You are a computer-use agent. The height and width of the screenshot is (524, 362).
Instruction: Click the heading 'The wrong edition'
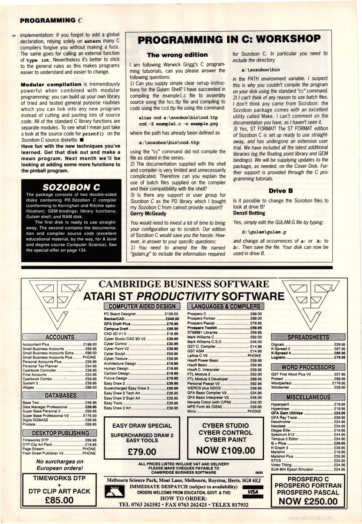tap(177, 55)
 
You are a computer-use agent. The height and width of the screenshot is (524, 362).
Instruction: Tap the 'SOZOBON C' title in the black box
tap(71, 187)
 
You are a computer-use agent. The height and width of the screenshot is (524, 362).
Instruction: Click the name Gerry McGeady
tap(148, 213)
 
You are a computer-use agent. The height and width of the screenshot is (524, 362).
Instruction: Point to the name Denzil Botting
tap(249, 213)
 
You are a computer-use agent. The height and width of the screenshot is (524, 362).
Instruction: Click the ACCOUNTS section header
tap(60, 337)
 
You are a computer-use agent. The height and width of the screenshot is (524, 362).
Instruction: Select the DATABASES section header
tap(60, 395)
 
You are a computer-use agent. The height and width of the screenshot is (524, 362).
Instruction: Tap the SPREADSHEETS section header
tap(308, 337)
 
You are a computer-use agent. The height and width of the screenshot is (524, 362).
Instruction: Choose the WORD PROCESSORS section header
tap(308, 367)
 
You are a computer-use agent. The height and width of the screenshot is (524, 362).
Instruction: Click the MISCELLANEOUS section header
tap(308, 397)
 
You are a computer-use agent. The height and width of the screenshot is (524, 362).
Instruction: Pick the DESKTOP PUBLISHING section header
tap(60, 433)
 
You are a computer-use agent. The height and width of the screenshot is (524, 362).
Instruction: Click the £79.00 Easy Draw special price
tap(142, 452)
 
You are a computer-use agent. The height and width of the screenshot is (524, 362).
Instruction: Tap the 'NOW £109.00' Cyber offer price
tap(226, 451)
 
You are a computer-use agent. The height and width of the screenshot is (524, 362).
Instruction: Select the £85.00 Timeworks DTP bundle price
tap(59, 500)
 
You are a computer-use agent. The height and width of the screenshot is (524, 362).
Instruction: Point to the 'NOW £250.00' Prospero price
tap(308, 501)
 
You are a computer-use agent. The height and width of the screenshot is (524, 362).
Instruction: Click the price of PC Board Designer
tap(172, 314)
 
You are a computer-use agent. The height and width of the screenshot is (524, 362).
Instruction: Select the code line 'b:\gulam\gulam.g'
tap(264, 232)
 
